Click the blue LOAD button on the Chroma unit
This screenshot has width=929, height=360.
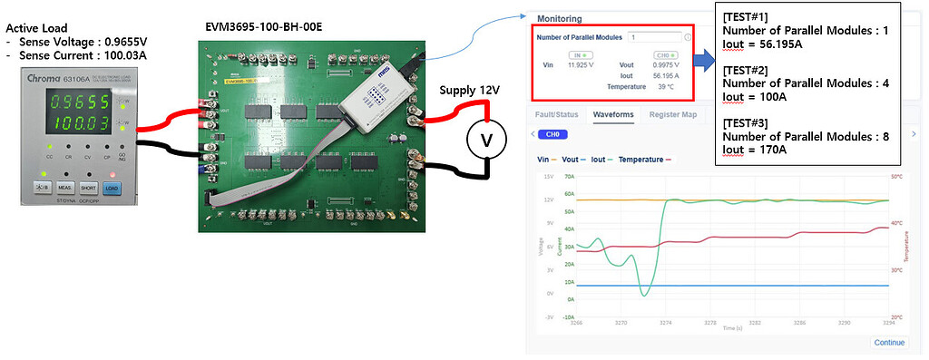(x=112, y=188)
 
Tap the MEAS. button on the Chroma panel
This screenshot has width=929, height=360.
(x=65, y=188)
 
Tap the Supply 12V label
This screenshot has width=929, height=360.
(x=469, y=90)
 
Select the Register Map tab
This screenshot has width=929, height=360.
(x=672, y=115)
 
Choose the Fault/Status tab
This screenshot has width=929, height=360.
(x=555, y=115)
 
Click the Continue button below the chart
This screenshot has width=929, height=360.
(x=888, y=342)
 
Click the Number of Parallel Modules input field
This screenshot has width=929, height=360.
(x=651, y=37)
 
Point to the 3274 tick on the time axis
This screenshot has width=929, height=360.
(x=665, y=322)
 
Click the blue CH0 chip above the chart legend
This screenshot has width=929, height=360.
(x=550, y=134)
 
